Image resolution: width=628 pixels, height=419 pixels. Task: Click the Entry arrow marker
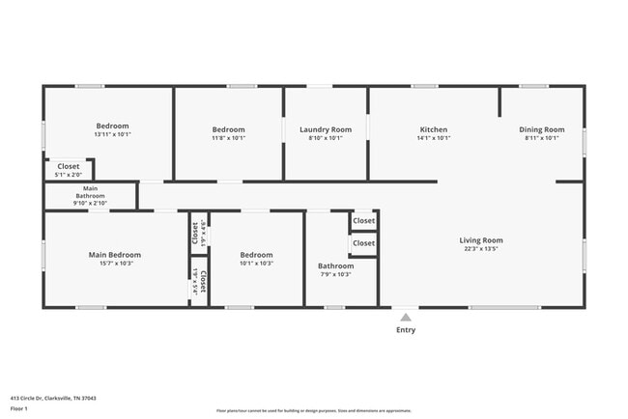(x=406, y=316)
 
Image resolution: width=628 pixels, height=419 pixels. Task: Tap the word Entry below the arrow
(x=406, y=330)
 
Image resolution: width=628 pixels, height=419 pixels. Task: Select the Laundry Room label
(x=326, y=129)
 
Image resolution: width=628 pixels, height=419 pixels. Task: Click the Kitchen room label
(x=433, y=129)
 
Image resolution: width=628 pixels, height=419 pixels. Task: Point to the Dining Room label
(x=541, y=129)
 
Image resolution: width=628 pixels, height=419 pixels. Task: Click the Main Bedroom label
(x=115, y=255)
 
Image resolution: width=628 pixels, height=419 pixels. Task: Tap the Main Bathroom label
(x=91, y=192)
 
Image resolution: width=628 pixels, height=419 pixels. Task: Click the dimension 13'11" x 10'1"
(x=112, y=134)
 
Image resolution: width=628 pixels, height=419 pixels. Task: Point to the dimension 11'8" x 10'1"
(x=229, y=138)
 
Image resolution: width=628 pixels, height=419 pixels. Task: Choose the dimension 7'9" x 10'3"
(x=335, y=274)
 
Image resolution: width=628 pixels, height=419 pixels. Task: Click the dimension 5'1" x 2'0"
(x=68, y=174)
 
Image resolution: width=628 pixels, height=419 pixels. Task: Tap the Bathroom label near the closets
(x=335, y=265)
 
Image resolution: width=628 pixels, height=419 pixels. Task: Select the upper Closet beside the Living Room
(x=363, y=221)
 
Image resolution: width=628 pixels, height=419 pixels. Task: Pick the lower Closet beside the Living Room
(x=363, y=243)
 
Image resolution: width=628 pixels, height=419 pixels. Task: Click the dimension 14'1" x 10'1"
(x=433, y=138)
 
